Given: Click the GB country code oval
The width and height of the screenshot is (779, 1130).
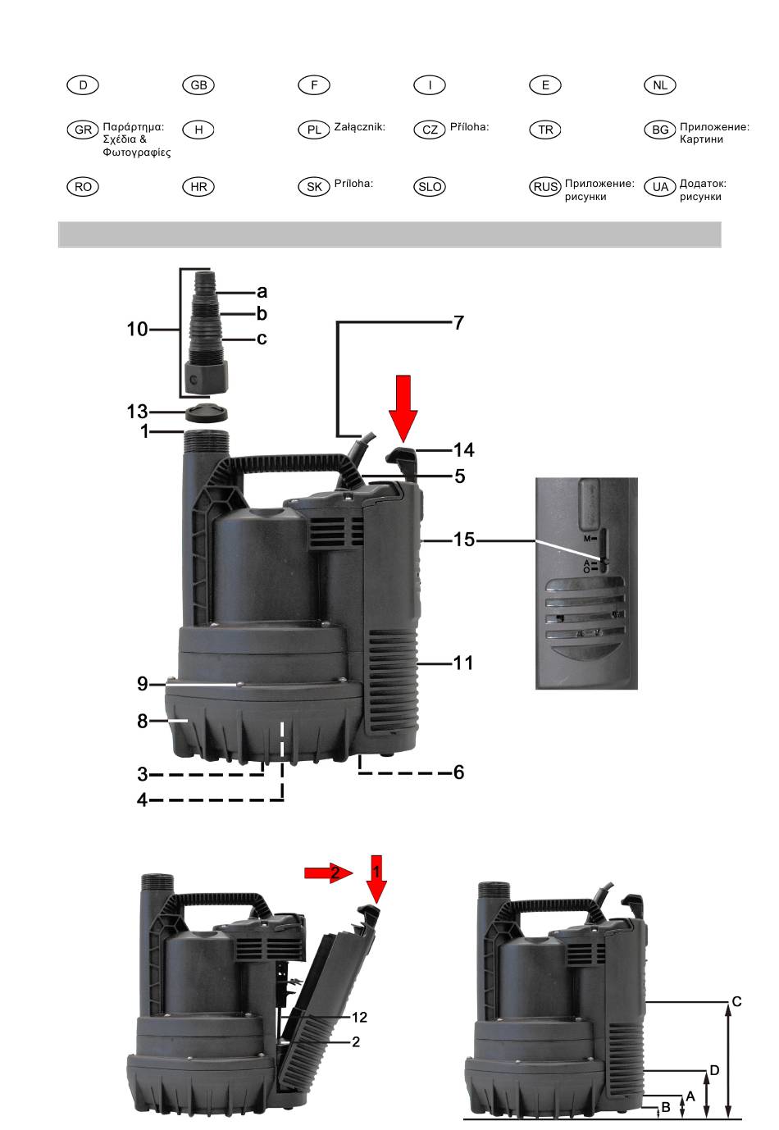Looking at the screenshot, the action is click(198, 84).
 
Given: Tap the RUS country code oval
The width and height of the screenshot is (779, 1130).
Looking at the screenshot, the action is click(545, 187).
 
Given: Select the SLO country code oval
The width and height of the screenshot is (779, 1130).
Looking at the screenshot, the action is click(430, 187).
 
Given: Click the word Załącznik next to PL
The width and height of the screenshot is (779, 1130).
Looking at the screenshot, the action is click(359, 127).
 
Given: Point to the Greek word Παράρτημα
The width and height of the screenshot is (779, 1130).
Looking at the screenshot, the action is click(133, 127).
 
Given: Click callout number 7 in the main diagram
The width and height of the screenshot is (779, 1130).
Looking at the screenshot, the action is click(458, 323).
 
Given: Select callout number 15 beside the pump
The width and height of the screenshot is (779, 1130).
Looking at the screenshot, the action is click(463, 540).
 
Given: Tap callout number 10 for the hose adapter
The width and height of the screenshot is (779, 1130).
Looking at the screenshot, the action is click(137, 330).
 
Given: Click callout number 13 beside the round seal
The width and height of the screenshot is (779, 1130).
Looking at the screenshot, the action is click(137, 412).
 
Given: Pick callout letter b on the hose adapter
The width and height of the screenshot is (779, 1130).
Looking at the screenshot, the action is click(262, 313).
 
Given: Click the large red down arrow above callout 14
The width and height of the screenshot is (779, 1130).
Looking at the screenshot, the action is click(403, 408).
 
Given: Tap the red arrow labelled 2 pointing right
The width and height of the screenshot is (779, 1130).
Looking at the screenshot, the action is click(329, 873).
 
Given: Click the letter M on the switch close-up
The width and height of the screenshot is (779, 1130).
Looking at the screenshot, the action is click(587, 538).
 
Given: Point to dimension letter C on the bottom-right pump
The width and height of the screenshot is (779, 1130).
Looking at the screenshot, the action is click(736, 1001).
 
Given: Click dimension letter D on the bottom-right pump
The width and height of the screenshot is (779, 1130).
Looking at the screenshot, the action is click(714, 1070).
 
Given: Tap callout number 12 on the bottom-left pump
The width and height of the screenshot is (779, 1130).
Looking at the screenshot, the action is click(359, 1017).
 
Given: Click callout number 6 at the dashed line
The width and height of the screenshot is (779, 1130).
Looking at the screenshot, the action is click(458, 772).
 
